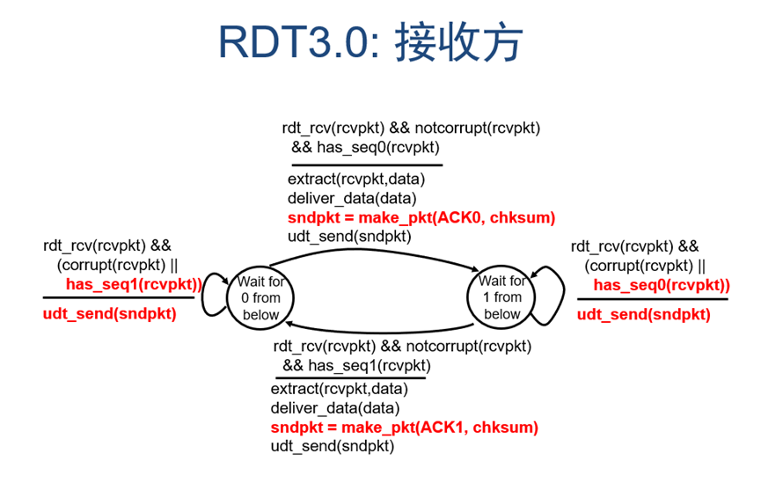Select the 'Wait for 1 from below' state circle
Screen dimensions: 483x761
pos(501,297)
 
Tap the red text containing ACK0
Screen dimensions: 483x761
pos(421,217)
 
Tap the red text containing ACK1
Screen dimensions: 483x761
pos(404,428)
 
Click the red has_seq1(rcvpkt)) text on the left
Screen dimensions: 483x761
pos(133,284)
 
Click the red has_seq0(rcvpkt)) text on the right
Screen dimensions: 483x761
pos(661,284)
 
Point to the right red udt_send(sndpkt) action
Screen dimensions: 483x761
pos(643,314)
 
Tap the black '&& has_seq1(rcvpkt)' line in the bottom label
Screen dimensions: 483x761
pos(353,365)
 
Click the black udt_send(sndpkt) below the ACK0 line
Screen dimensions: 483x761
pos(348,236)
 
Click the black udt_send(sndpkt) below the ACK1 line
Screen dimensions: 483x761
pos(332,446)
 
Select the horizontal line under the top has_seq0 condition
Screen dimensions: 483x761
pos(366,165)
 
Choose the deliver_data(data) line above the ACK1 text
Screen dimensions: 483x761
pos(334,408)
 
